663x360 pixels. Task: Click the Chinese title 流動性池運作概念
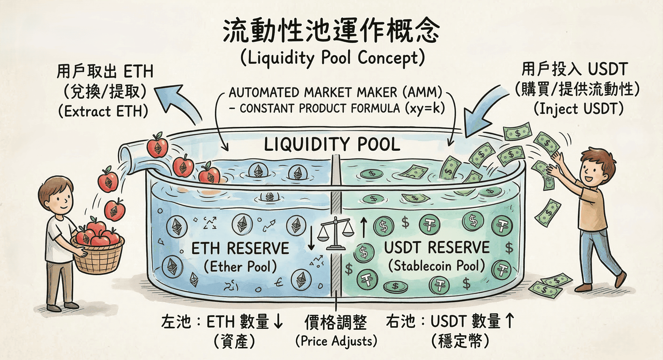point(331,31)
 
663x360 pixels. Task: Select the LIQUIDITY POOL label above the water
point(332,144)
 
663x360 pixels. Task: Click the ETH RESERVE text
point(240,249)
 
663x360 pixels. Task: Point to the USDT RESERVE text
point(437,248)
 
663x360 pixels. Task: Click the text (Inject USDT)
point(578,109)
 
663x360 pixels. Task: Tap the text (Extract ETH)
point(103,112)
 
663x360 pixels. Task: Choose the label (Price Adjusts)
point(336,341)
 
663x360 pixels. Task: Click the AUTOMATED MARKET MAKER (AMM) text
point(335,92)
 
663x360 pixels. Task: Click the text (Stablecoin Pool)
point(436,266)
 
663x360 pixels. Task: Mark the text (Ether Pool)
point(240,267)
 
